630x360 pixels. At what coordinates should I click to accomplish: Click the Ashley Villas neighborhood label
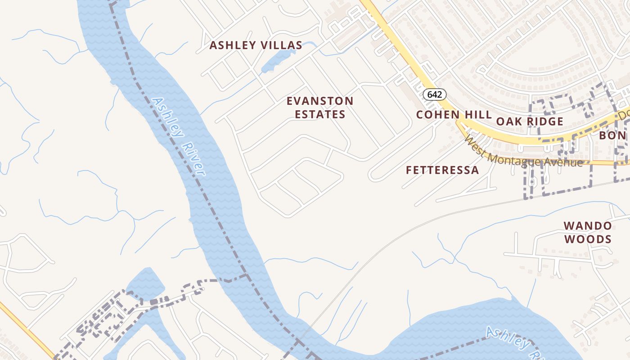coord(256,45)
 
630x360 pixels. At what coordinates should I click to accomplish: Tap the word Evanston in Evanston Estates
coord(320,101)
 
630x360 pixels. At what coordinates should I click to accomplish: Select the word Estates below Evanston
coord(320,114)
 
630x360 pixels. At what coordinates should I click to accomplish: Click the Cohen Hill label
coord(454,115)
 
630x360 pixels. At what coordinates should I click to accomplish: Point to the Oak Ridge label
coord(530,121)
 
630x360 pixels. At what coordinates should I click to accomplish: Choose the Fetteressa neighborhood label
coord(442,170)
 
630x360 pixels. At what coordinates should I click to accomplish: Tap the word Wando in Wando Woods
coord(588,225)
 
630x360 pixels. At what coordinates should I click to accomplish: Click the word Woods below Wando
coord(588,239)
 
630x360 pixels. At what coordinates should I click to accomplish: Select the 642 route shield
coord(435,94)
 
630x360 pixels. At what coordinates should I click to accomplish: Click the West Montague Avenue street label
coord(524,153)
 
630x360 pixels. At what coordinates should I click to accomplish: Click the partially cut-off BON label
coord(612,135)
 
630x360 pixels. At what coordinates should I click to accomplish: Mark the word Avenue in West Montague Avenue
coord(562,162)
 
